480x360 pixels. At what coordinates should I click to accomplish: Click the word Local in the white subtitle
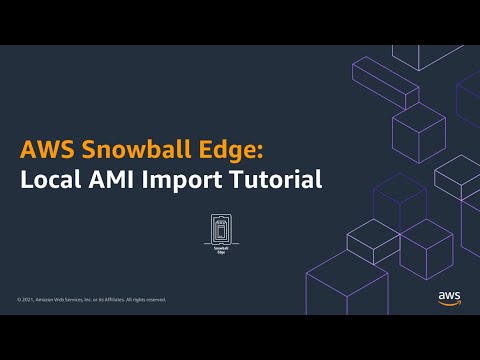click(51, 181)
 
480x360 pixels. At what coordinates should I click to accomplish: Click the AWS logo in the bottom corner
click(448, 296)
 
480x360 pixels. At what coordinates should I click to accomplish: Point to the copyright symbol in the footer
click(19, 299)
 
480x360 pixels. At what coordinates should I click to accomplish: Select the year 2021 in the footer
click(28, 299)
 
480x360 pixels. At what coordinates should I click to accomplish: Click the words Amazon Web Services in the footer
click(62, 299)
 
